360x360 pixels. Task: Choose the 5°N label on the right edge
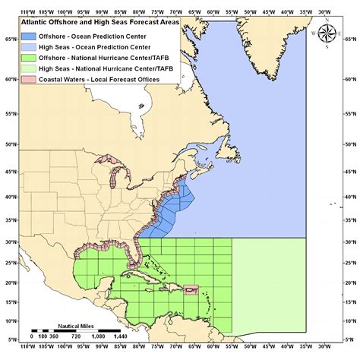pos(349,339)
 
